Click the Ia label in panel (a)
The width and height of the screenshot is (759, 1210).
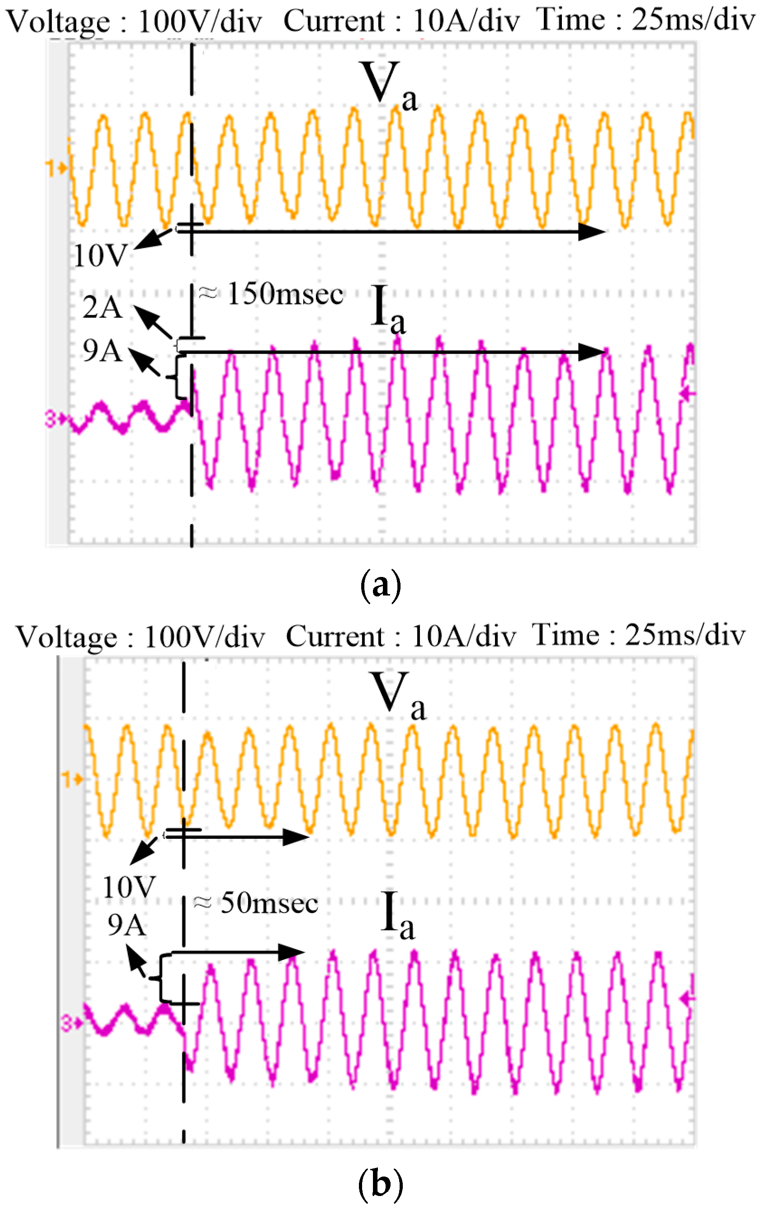pos(388,308)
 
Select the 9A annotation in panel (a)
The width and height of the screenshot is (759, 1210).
pos(103,350)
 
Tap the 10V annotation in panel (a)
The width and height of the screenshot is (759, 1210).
pos(100,255)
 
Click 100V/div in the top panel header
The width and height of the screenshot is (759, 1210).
pos(200,22)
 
